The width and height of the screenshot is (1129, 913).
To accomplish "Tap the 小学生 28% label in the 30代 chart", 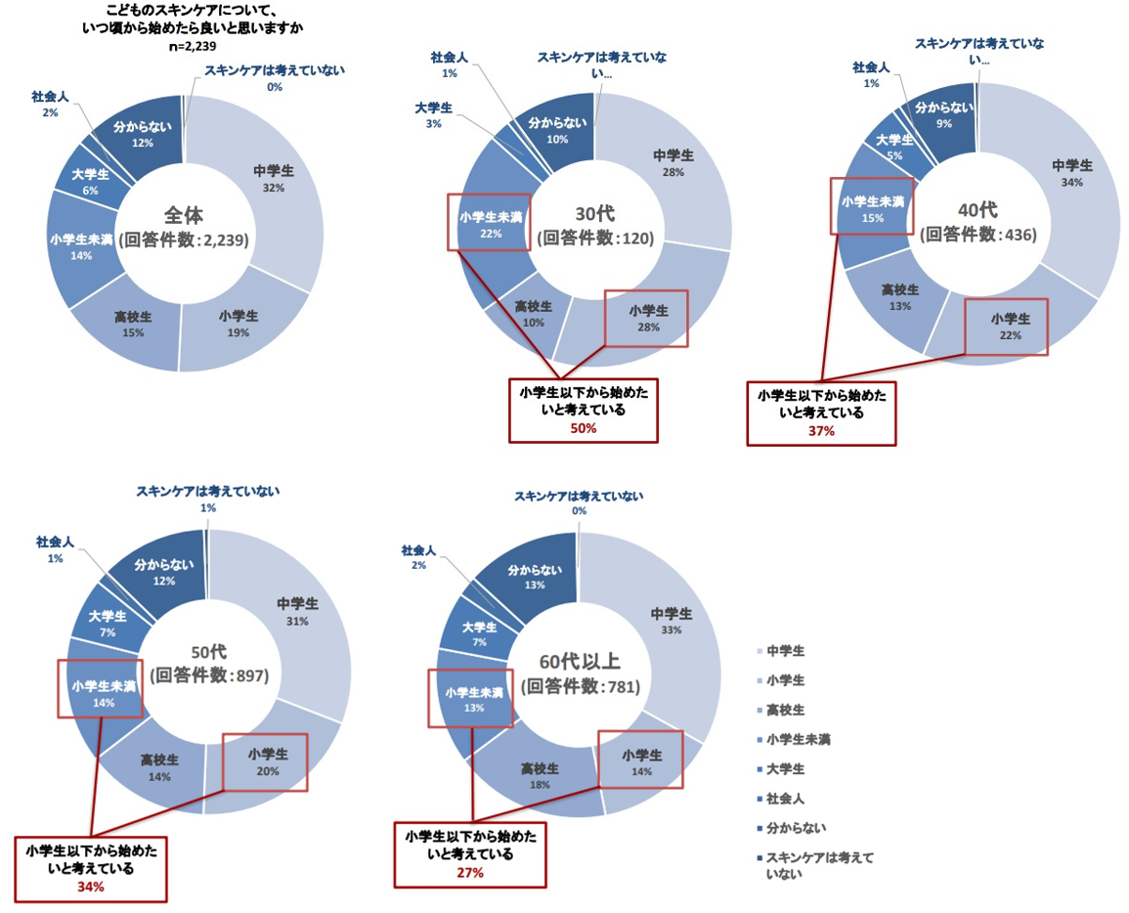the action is (645, 318).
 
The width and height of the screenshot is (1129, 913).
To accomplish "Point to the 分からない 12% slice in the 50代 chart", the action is (158, 572).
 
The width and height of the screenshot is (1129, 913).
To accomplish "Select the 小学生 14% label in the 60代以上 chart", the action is (640, 761).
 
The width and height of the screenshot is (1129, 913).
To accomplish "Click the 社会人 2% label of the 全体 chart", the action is (50, 105).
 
